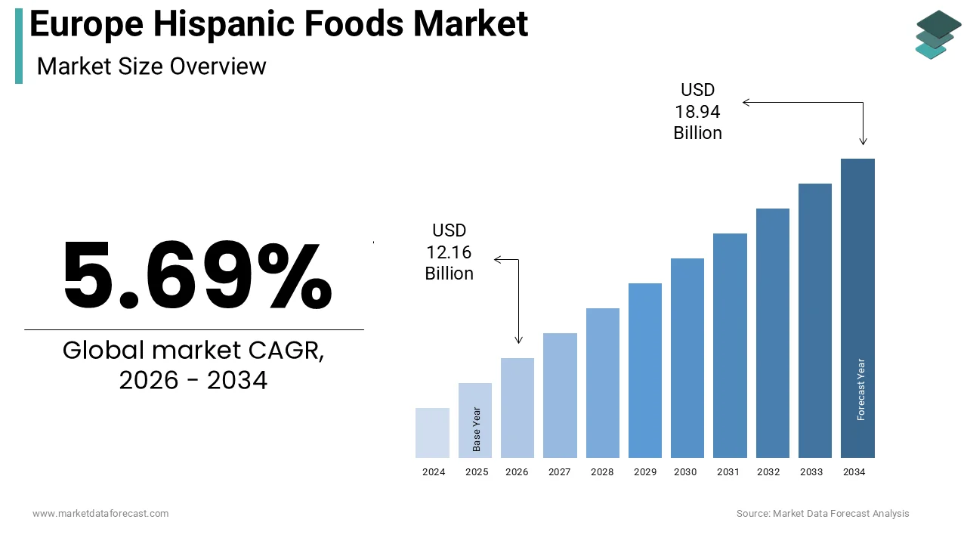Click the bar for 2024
tap(432, 433)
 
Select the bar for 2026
tap(517, 408)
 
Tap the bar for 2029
tap(645, 370)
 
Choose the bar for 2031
tap(730, 345)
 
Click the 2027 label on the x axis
tap(560, 472)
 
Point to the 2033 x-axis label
tap(811, 472)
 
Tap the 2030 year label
tap(685, 472)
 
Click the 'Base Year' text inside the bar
tap(477, 429)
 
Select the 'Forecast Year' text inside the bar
tap(861, 389)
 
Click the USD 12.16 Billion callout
tap(450, 252)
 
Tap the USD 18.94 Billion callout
tap(698, 112)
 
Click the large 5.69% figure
tap(196, 276)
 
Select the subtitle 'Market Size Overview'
tap(152, 66)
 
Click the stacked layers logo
tap(938, 34)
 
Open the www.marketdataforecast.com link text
tap(100, 514)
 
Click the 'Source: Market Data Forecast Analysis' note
tap(823, 514)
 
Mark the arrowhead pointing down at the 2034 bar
tap(864, 141)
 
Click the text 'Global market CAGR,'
tap(193, 351)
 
